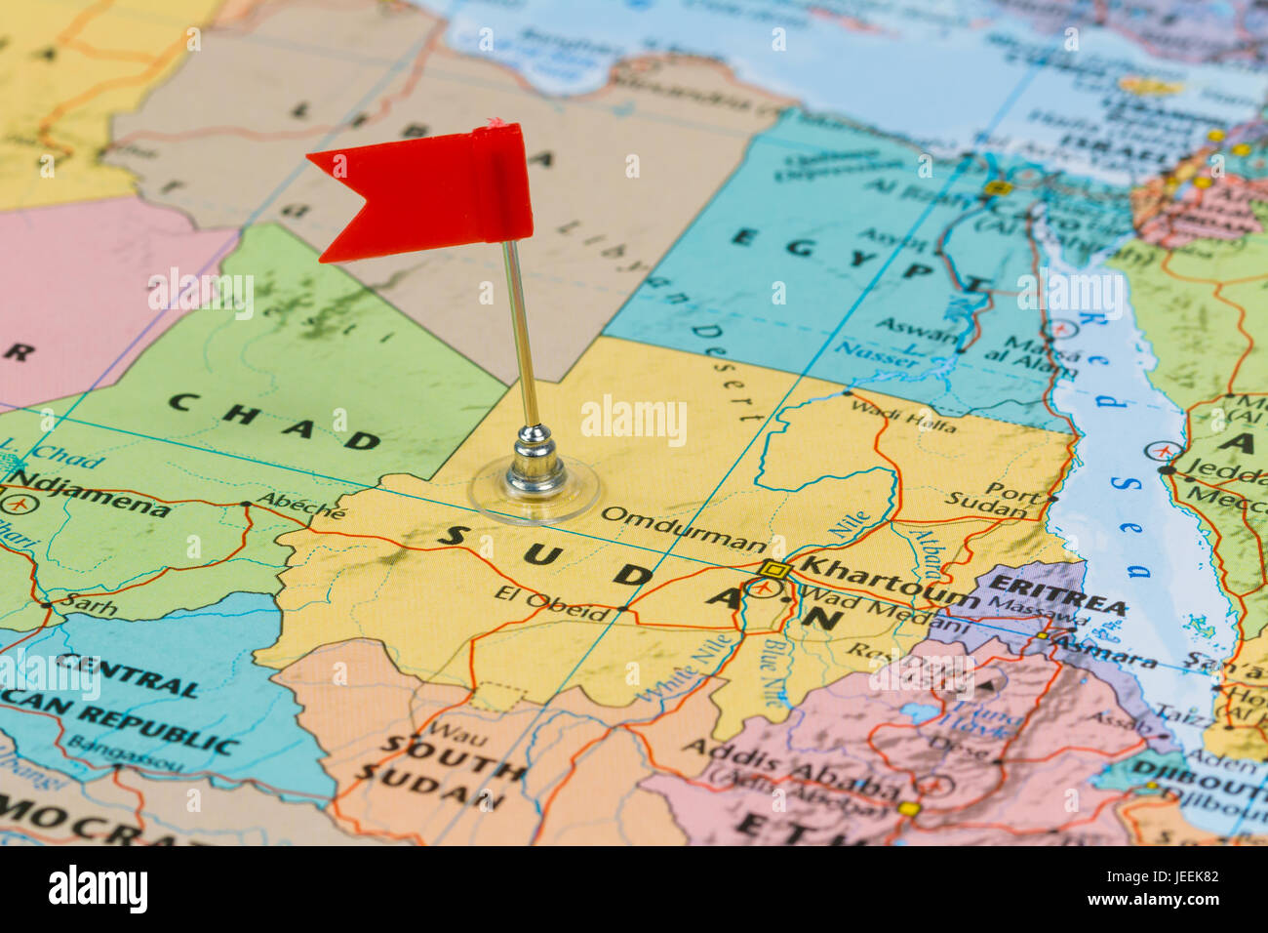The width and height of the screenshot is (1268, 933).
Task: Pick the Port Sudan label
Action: point(995,500)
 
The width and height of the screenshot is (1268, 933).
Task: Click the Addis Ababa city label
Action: point(790,770)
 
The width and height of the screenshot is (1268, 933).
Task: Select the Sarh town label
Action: point(90,607)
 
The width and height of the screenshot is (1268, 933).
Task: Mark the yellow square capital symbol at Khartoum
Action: point(773,569)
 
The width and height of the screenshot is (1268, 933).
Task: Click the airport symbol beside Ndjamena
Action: point(15,504)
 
